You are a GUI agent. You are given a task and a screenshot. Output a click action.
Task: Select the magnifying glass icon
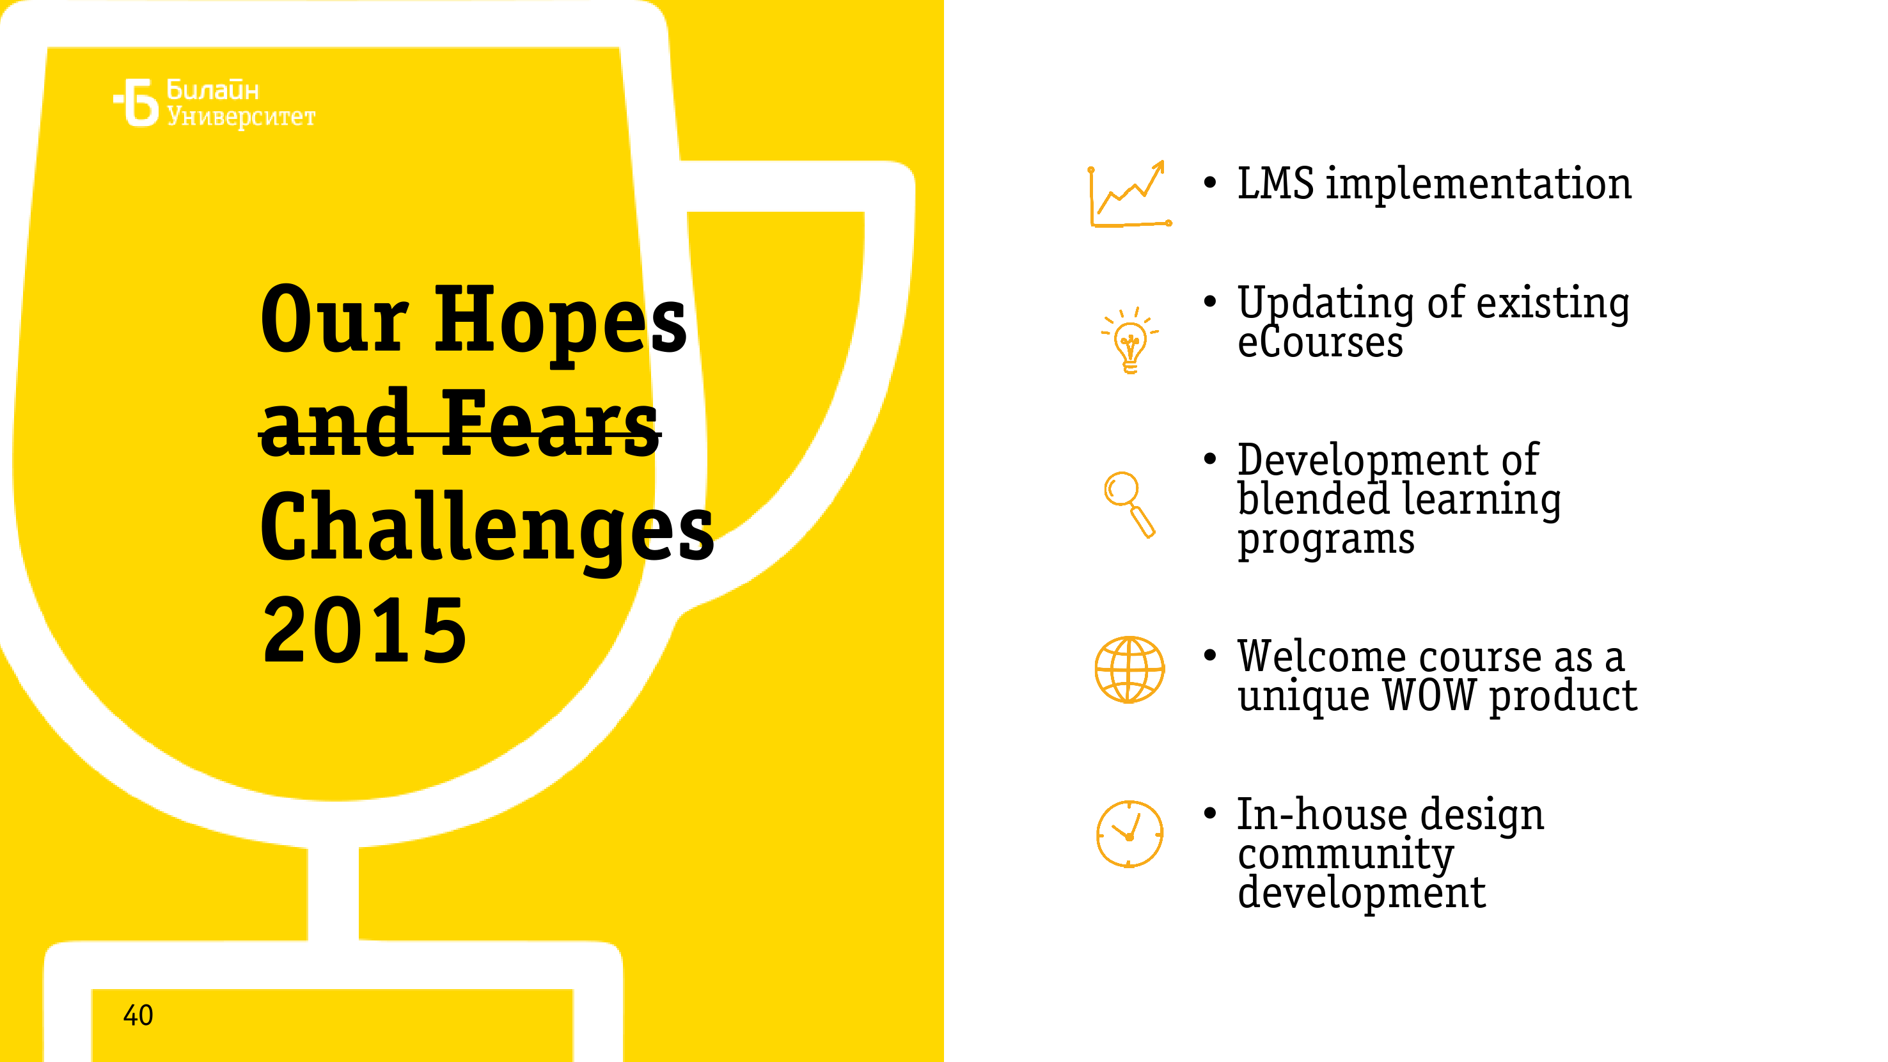coord(1129,505)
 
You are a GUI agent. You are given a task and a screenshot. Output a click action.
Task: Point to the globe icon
coord(1129,669)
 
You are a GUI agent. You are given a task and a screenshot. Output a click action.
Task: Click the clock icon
coord(1129,834)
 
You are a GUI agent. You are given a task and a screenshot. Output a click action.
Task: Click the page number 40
coord(138,1016)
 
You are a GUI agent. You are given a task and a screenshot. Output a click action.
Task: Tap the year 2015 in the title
coord(365,630)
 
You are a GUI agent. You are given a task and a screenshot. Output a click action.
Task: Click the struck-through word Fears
coord(549,424)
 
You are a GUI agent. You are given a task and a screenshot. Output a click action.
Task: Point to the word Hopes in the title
coord(561,322)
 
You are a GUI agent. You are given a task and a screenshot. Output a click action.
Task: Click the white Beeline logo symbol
coord(136,102)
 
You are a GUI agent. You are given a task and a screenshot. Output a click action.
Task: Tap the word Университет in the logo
coord(241,116)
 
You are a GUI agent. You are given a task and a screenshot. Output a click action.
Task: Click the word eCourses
coord(1320,342)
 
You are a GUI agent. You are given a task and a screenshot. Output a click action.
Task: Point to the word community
coord(1346,855)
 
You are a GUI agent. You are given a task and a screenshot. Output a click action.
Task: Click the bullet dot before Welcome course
coord(1210,656)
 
